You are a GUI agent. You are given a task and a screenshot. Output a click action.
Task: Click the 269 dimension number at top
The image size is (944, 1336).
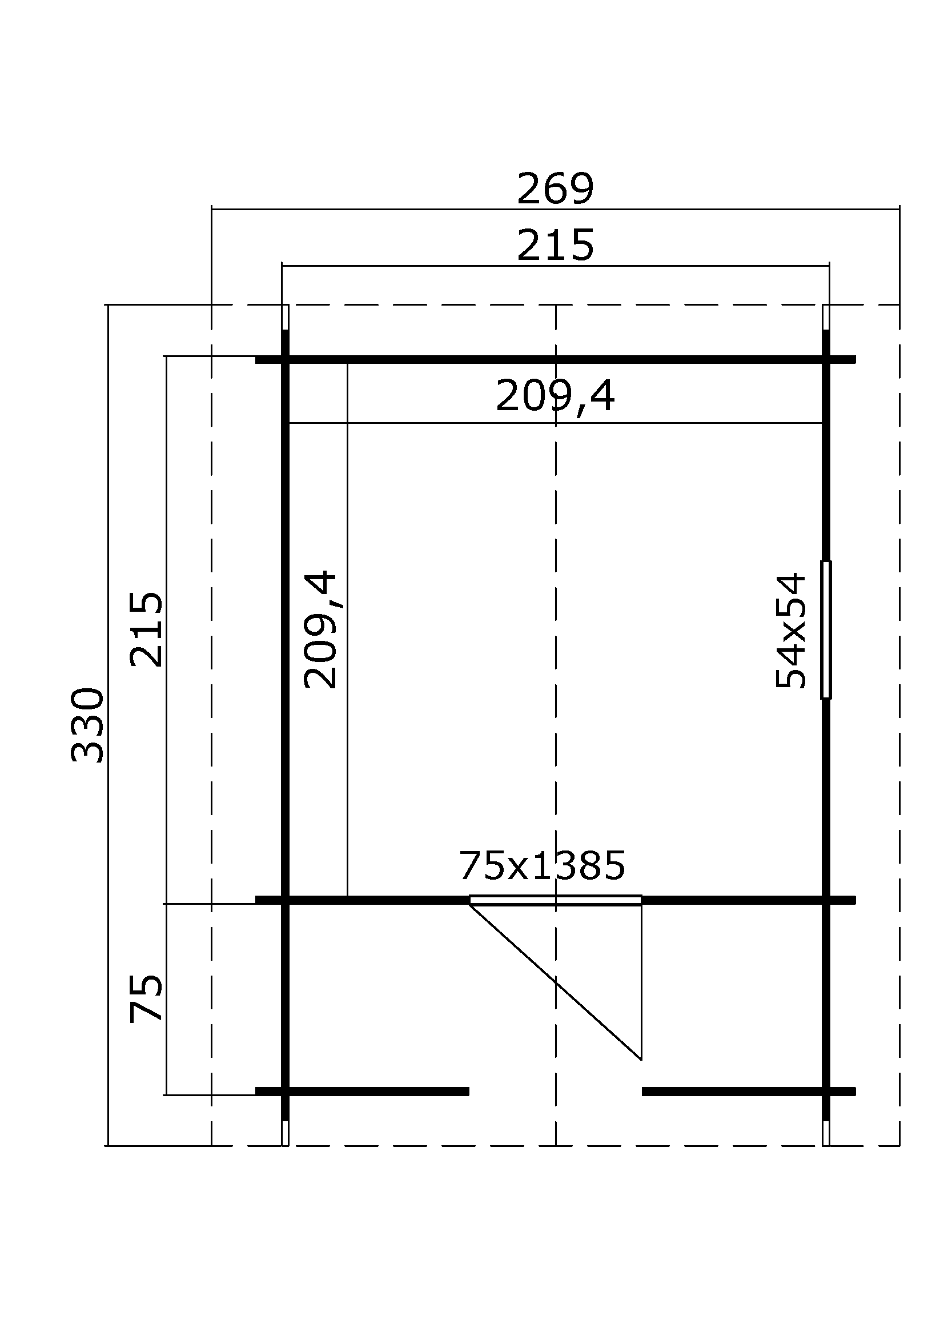[x=555, y=189]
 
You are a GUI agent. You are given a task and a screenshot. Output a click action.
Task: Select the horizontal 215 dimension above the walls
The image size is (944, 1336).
[x=555, y=246]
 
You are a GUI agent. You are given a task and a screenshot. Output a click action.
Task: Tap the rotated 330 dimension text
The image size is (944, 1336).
[x=87, y=725]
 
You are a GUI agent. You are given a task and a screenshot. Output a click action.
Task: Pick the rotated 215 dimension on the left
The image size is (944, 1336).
[x=146, y=629]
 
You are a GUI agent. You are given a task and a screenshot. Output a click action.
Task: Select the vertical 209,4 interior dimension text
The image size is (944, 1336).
[x=320, y=629]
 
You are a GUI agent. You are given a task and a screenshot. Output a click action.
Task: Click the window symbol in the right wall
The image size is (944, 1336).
[x=825, y=629]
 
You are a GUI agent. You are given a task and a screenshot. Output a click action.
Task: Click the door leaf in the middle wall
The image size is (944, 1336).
[x=556, y=901]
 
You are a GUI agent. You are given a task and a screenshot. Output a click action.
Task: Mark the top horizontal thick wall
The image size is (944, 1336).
[x=556, y=360]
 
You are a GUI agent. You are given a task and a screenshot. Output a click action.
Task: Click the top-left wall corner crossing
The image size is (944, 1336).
[x=285, y=360]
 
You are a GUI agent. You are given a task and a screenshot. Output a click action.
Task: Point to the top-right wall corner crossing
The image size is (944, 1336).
[x=826, y=360]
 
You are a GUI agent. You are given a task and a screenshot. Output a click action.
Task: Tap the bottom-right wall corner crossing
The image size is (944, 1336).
[x=826, y=1091]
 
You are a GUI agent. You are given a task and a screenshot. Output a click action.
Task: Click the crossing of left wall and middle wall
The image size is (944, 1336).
[x=285, y=900]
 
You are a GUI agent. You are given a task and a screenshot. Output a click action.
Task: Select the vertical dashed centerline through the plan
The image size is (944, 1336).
[x=556, y=640]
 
